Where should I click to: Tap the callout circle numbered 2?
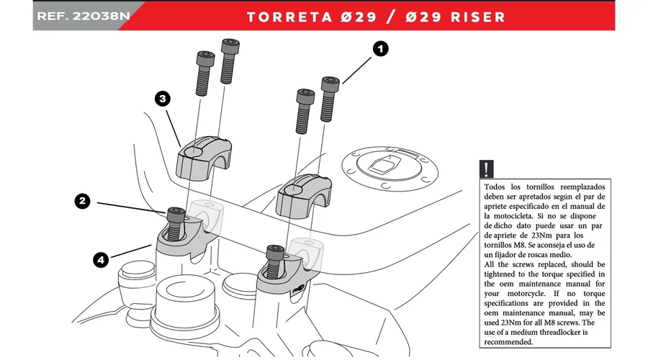click(x=84, y=202)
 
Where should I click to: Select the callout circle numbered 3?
click(x=163, y=99)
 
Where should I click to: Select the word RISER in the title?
click(x=478, y=16)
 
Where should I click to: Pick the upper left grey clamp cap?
click(x=204, y=157)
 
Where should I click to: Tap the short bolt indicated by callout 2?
click(x=175, y=222)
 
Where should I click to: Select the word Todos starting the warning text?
click(x=498, y=185)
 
